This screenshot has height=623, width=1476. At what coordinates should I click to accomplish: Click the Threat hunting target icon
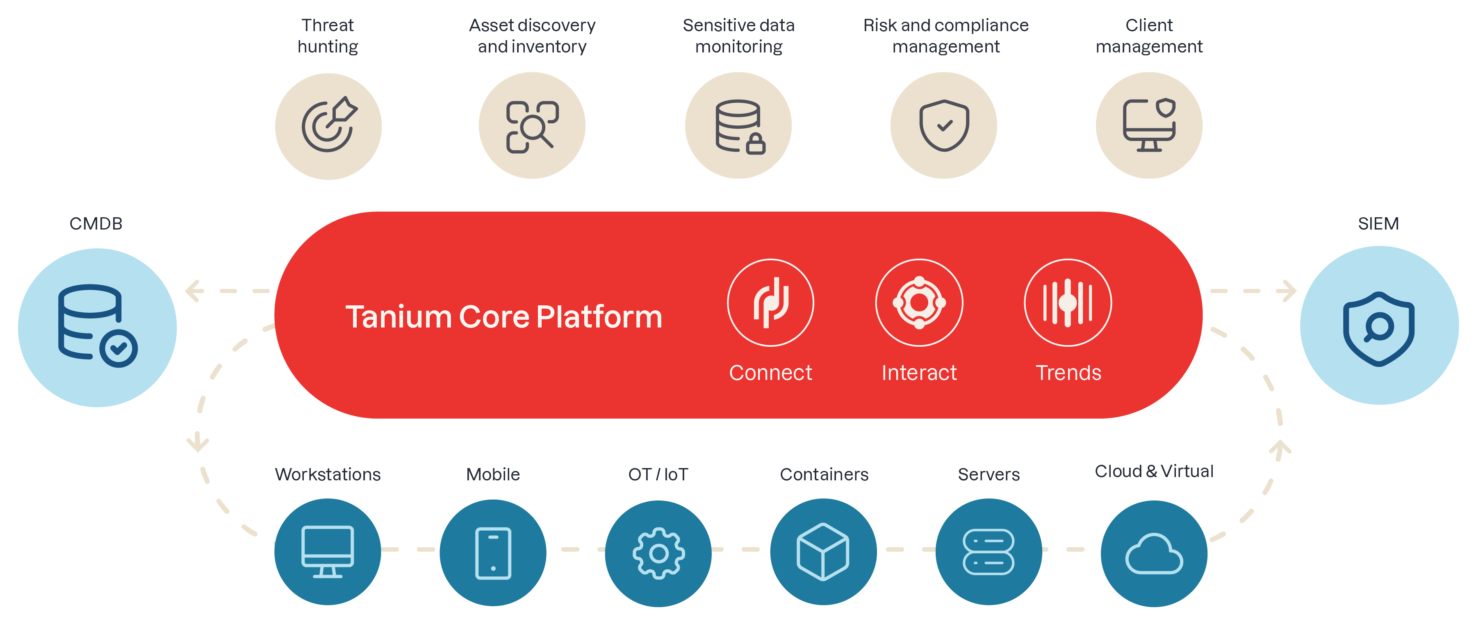point(328,126)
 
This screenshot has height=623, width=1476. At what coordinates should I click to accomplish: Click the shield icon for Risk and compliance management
point(944,126)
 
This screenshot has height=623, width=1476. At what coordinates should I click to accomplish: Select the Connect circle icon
point(771,303)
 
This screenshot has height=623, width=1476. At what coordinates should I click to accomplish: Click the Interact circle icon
point(919,303)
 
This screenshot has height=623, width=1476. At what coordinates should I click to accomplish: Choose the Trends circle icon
point(1068,303)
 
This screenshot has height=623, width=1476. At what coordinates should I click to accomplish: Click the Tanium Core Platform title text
point(503,317)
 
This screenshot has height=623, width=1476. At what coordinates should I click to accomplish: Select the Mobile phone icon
point(493,553)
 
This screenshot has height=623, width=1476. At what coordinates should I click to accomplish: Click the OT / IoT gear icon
point(658,554)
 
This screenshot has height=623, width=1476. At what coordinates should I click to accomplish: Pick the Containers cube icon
point(823,552)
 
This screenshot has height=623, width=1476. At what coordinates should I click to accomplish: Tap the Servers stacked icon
point(989,552)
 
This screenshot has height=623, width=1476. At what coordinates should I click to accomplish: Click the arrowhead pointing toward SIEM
point(1289,291)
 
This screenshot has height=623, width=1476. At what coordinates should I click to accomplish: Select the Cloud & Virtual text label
point(1154,471)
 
